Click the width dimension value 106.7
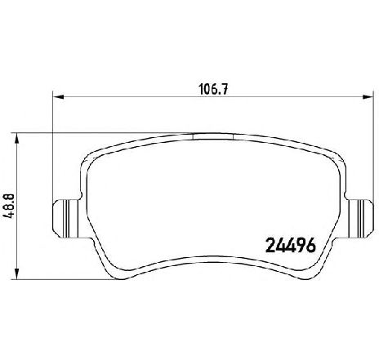click(213, 89)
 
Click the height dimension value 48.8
click(8, 206)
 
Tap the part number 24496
click(291, 245)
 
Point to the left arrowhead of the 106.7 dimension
click(58, 96)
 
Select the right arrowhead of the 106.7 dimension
click(368, 96)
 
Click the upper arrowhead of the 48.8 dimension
click(17, 139)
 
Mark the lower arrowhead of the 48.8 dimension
click(17, 273)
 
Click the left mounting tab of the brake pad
click(66, 219)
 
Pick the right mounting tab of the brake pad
click(359, 219)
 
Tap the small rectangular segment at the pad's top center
click(212, 136)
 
